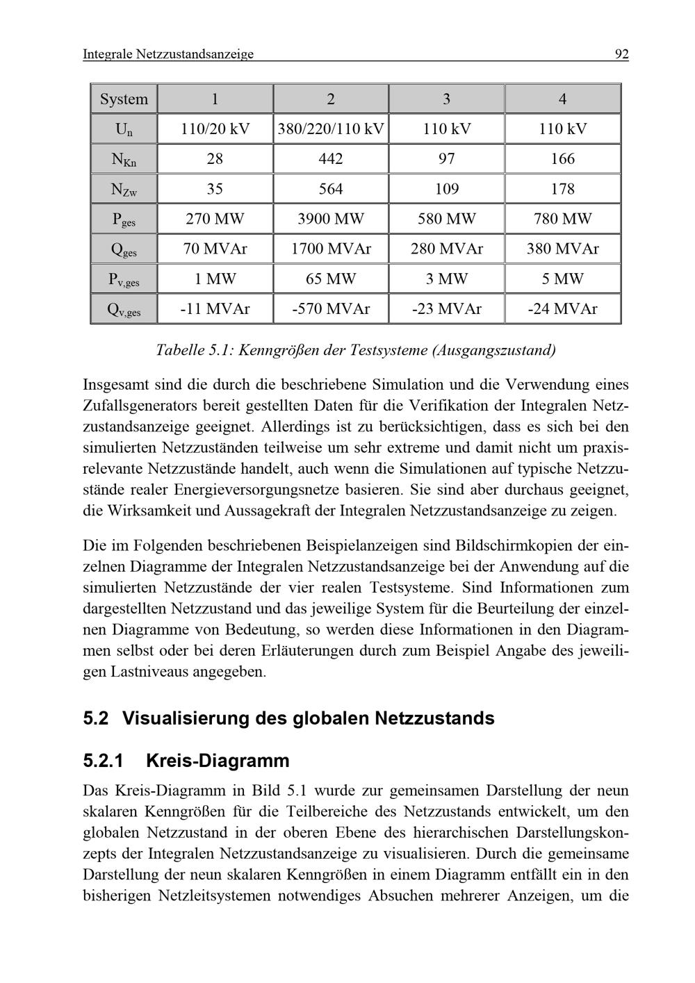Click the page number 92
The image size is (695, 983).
coord(621,53)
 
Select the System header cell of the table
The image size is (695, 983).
coord(124,99)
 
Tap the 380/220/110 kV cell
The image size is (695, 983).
coord(331,129)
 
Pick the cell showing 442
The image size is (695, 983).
coord(331,159)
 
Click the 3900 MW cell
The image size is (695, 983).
coord(331,220)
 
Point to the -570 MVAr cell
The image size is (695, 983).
coord(331,309)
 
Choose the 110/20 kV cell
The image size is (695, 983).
coord(215,129)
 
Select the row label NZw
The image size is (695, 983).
coord(124,190)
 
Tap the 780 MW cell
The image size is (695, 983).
coord(562,220)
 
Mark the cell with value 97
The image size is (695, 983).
coord(446,159)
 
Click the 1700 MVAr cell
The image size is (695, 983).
coord(331,249)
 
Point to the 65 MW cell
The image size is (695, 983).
coord(331,279)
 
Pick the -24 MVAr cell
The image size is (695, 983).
coord(562,309)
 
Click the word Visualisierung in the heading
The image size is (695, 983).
coord(186,718)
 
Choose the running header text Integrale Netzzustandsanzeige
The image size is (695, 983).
coord(168,53)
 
